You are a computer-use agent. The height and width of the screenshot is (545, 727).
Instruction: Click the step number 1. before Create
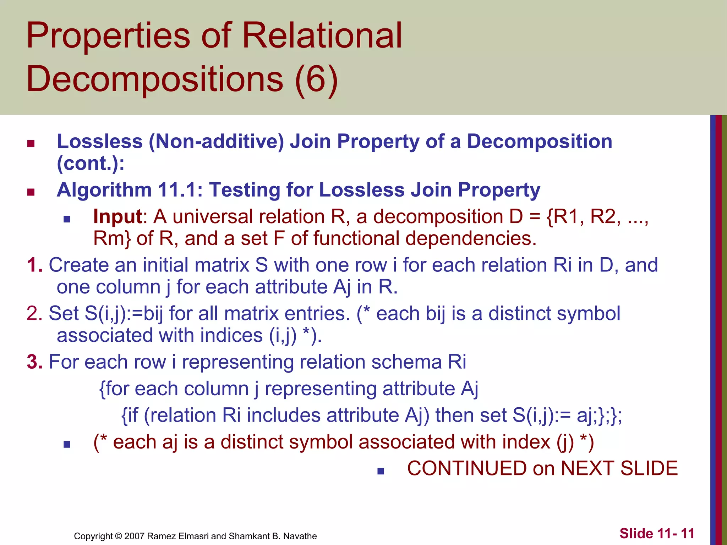point(34,265)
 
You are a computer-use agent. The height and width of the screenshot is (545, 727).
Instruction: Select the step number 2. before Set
point(34,314)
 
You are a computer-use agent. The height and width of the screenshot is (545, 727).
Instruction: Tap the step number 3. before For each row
point(34,362)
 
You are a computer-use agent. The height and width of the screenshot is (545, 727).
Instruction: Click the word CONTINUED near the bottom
point(467,468)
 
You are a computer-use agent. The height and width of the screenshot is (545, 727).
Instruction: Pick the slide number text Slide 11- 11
point(657,534)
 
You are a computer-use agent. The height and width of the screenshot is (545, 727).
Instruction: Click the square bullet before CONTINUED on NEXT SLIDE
point(381,471)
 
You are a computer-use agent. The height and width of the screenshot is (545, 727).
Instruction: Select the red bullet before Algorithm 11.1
point(31,192)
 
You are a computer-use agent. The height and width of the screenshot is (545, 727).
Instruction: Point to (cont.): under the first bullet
point(91,164)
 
